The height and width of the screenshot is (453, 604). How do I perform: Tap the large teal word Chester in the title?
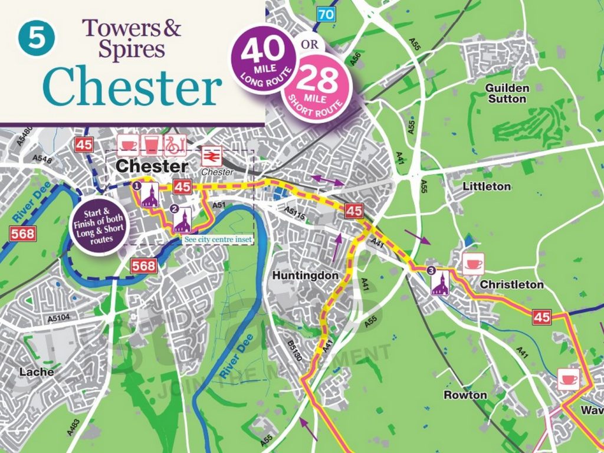tap(133, 86)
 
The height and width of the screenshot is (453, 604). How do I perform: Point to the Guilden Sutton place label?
tap(507, 93)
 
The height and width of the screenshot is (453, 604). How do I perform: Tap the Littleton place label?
tap(487, 186)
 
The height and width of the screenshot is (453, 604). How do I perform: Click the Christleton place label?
tap(511, 285)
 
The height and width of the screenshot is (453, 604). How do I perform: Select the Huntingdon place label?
tap(306, 275)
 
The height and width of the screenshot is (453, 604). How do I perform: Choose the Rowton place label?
tap(465, 395)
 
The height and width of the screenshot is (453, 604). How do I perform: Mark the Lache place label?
tap(37, 372)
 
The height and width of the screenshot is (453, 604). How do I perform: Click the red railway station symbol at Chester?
tap(212, 157)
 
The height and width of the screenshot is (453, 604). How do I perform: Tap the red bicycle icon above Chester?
tap(176, 143)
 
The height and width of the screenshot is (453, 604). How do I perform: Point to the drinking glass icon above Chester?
tap(152, 143)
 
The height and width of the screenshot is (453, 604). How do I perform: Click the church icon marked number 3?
tap(439, 283)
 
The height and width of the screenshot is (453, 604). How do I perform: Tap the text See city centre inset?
tap(218, 240)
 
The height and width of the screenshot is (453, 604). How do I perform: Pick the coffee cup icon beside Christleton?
tap(473, 264)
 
